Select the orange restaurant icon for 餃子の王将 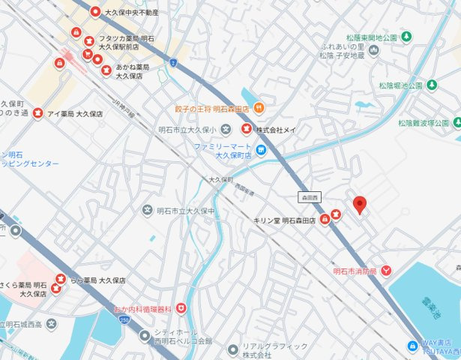click(x=258, y=108)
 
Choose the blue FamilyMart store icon click(x=260, y=151)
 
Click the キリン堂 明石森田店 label click(x=285, y=219)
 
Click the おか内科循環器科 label click(x=142, y=309)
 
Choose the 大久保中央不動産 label click(x=131, y=12)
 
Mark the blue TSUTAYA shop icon click(x=412, y=346)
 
